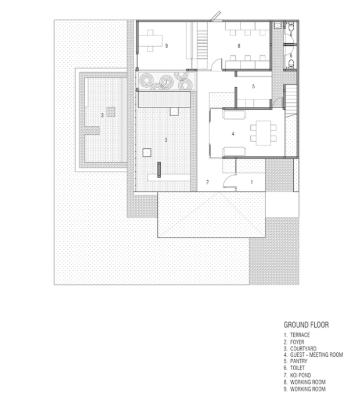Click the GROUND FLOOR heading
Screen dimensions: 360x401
point(306,325)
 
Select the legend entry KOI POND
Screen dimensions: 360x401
point(297,375)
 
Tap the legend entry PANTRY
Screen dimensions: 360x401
point(296,361)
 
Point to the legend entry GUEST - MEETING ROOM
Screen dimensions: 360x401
point(313,355)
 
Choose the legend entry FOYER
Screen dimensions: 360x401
point(294,342)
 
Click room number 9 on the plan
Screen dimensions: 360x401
point(167,46)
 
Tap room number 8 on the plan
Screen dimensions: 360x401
point(239,46)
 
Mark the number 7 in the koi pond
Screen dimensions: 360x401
point(166,82)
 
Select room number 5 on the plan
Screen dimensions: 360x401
point(254,87)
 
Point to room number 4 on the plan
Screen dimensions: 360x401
point(233,134)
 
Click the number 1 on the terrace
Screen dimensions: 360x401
point(251,182)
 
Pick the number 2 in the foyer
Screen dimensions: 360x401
point(207,182)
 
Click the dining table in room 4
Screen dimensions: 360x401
point(264,133)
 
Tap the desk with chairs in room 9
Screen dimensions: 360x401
point(151,41)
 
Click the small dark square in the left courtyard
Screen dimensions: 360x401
point(111,112)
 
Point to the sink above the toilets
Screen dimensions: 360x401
point(278,26)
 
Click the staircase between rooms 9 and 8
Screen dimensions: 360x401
point(202,45)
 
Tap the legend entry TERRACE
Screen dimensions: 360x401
point(297,335)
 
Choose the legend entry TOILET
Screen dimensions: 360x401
point(294,368)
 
